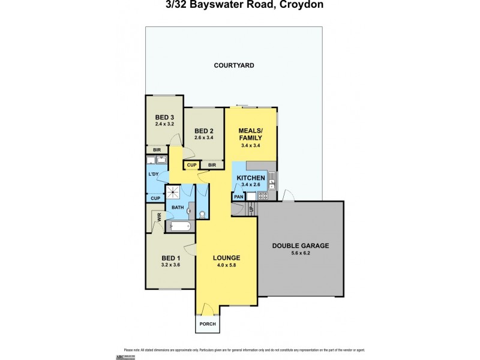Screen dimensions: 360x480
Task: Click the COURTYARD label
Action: (x=234, y=65)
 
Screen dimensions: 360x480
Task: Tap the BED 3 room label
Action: (x=164, y=117)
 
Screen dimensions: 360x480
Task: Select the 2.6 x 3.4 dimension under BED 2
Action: (x=204, y=138)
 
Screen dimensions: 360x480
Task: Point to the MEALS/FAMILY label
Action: (x=250, y=134)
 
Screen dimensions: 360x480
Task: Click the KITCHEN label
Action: (x=250, y=178)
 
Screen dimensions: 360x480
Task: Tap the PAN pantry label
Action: (x=238, y=196)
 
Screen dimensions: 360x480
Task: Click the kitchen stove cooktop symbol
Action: (x=270, y=195)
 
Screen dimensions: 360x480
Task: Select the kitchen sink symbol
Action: (x=271, y=178)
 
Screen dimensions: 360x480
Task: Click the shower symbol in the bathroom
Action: (x=173, y=193)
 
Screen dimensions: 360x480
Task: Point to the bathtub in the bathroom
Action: (x=181, y=227)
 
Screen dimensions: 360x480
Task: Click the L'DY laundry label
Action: (x=154, y=175)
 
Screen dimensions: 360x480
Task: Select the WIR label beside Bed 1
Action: (x=159, y=218)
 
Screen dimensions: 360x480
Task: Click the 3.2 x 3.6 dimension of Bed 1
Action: (x=171, y=265)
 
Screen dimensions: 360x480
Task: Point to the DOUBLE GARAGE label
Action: (x=301, y=245)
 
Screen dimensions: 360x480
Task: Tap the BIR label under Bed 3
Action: (x=157, y=150)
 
